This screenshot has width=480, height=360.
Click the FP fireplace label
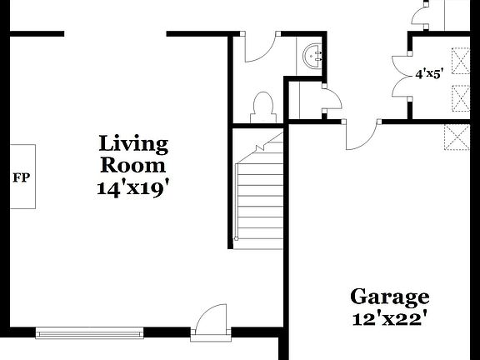tap(20, 178)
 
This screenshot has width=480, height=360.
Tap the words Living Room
tap(133, 154)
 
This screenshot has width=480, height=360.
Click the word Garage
tap(389, 297)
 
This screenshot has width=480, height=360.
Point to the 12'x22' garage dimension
tap(389, 317)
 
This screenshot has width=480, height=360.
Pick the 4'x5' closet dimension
tap(430, 73)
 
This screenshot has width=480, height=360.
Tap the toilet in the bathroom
tap(263, 107)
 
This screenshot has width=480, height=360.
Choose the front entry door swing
tap(210, 321)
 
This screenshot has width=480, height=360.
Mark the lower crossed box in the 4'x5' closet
tap(459, 97)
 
